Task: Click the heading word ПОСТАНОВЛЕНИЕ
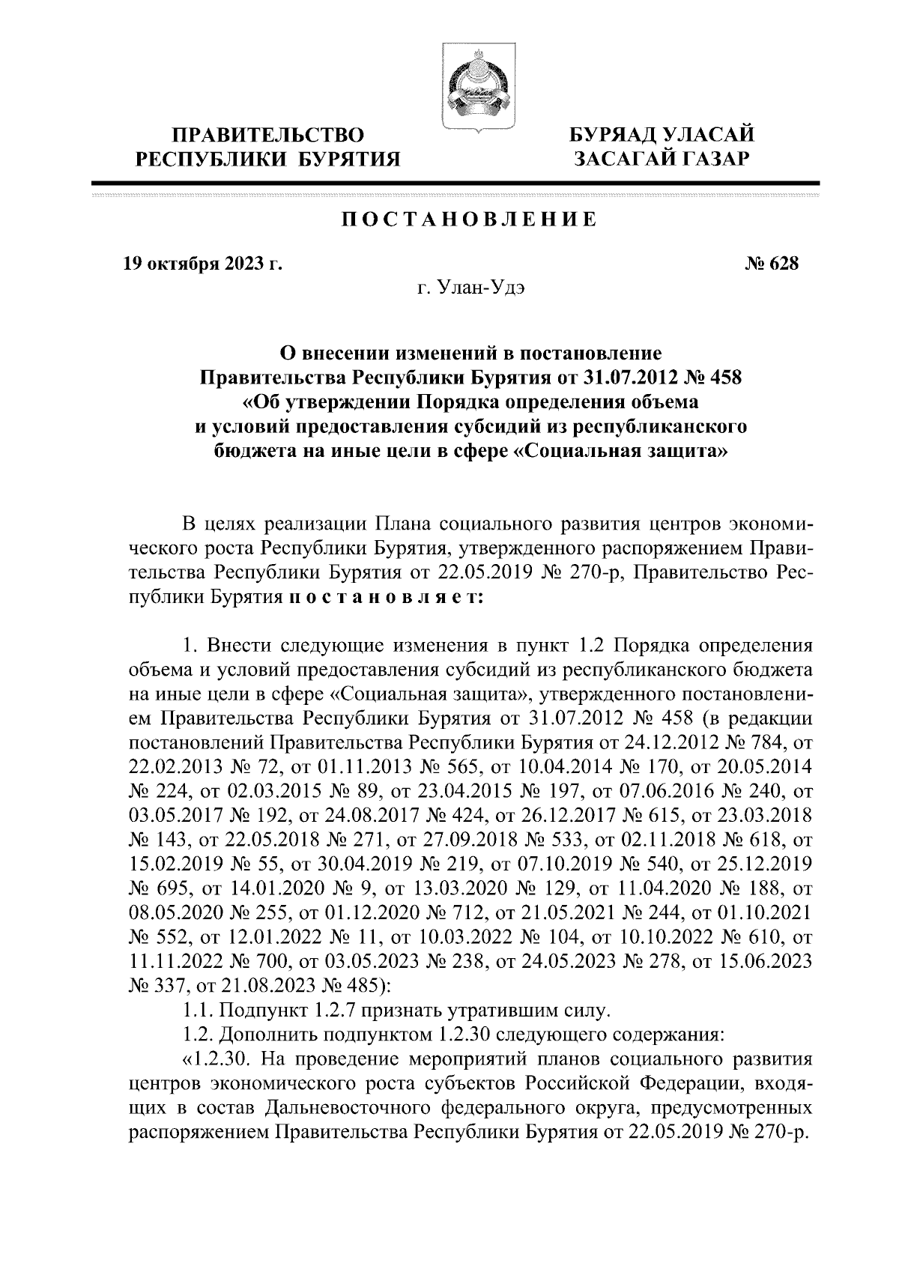[470, 219]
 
